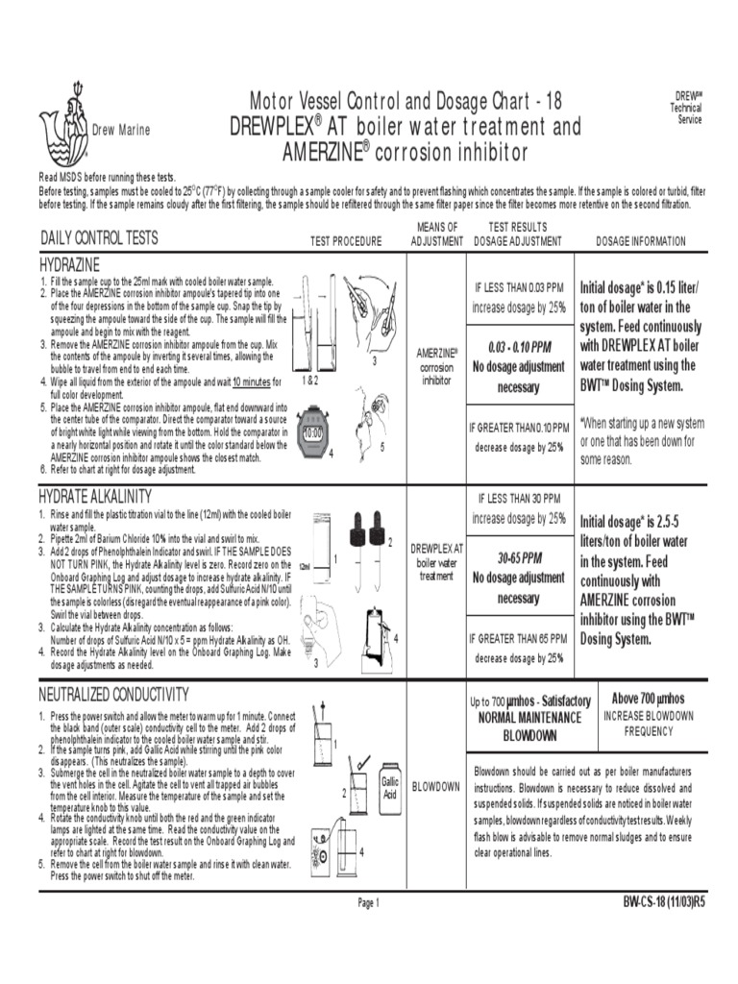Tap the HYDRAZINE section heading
(69, 263)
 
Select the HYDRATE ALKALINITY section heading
(95, 496)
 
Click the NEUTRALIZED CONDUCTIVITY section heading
(113, 694)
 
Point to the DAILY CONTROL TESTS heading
(99, 238)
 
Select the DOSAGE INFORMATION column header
(641, 241)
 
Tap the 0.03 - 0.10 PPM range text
(519, 346)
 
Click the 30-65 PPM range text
(519, 557)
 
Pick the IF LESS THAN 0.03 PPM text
(519, 286)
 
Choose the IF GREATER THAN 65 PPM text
(519, 638)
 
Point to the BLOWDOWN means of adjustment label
(436, 786)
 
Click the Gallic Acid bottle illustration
(389, 789)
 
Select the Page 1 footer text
(369, 902)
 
